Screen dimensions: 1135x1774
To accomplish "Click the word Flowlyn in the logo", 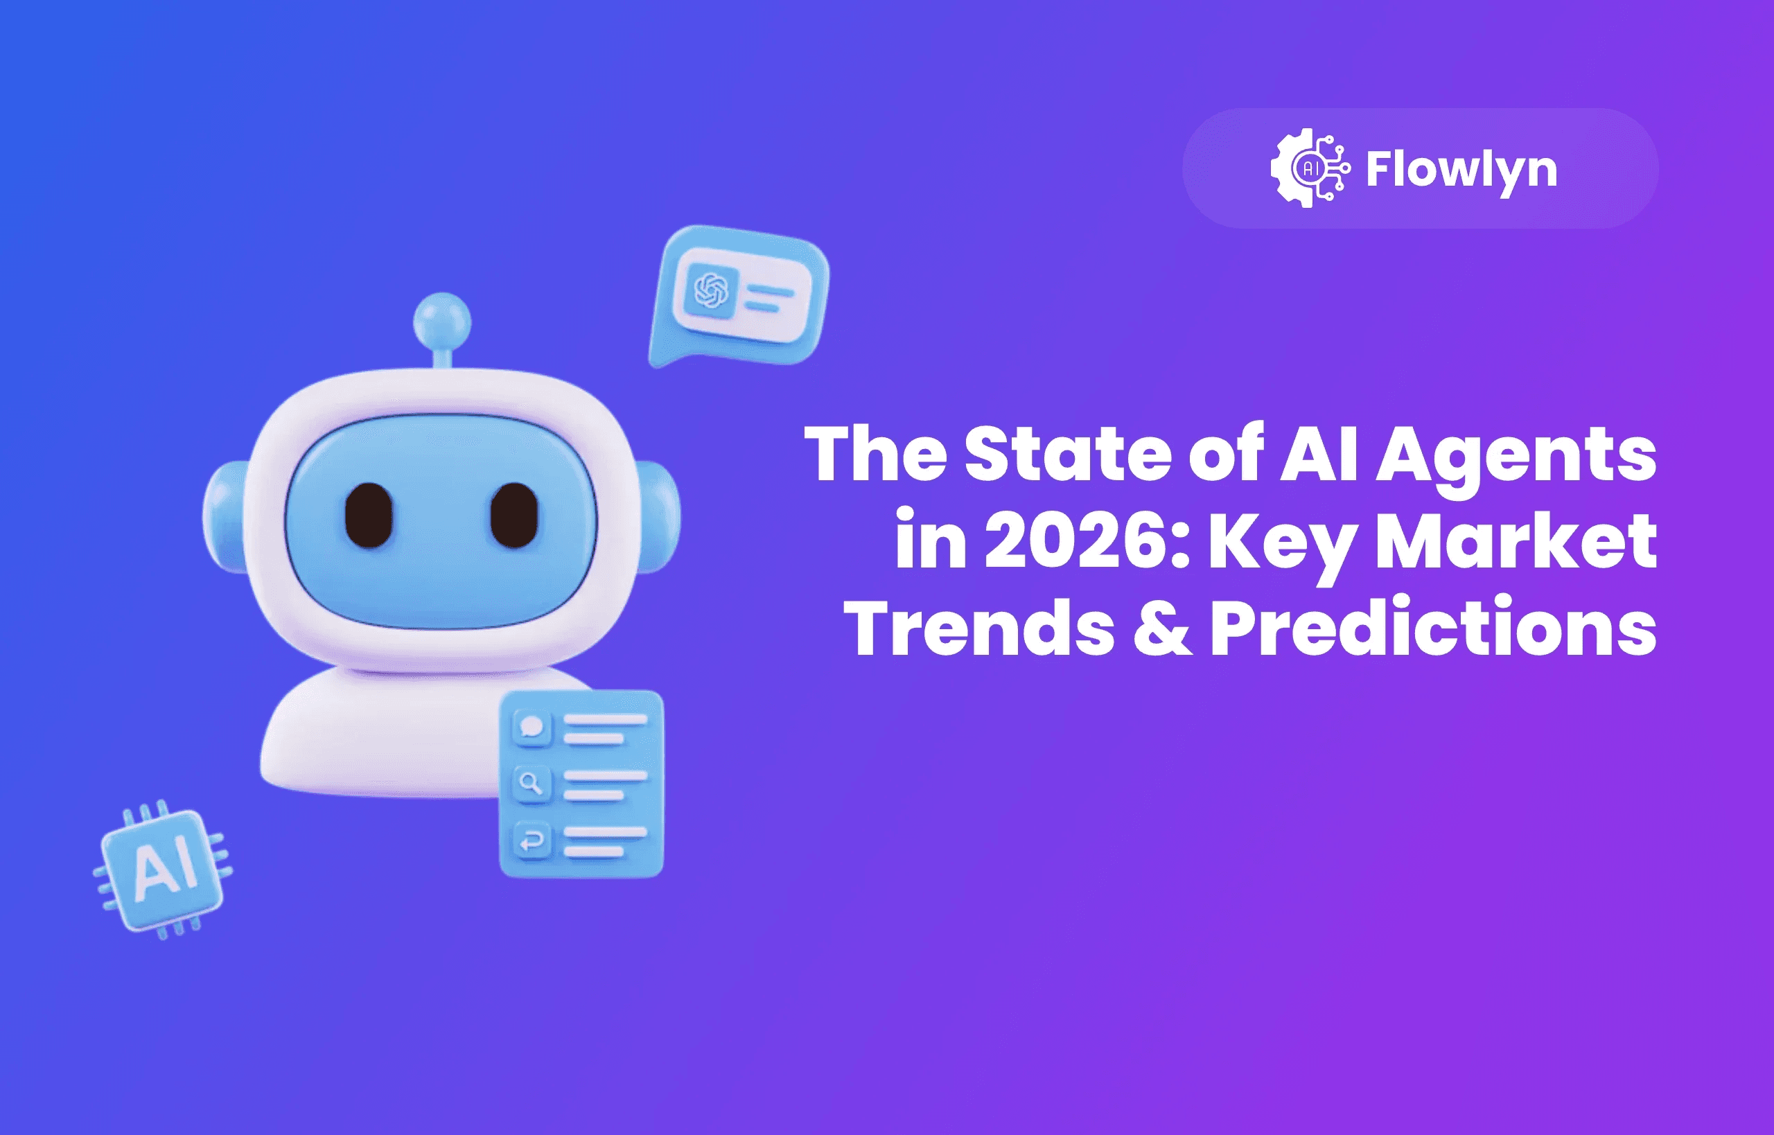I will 1461,170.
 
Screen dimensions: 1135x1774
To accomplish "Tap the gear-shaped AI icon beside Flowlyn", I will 1310,169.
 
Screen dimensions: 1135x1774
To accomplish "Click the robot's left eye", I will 369,515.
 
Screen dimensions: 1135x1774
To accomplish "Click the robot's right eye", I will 513,515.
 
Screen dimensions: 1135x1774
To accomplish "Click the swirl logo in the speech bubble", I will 711,290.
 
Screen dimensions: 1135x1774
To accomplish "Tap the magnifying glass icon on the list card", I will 532,782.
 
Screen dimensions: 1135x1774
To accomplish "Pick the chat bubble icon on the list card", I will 532,727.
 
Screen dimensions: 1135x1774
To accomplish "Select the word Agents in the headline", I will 1516,455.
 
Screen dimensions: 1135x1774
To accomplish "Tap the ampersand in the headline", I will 1162,628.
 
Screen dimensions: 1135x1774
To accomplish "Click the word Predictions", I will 1433,628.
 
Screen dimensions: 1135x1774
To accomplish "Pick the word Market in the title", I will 1516,542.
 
